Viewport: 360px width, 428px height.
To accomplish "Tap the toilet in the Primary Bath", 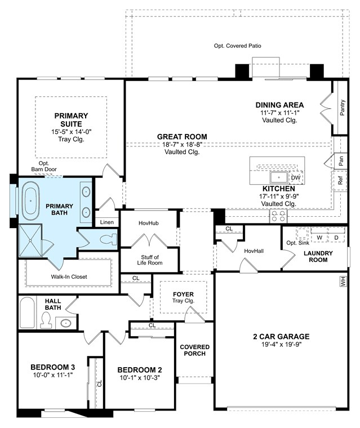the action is tap(108, 240).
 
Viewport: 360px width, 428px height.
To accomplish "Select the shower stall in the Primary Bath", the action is tap(30, 240).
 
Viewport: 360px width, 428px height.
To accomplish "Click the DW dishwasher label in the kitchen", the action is tap(296, 178).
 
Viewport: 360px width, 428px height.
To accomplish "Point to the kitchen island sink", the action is tap(279, 177).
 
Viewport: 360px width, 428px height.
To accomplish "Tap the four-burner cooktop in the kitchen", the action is tap(278, 216).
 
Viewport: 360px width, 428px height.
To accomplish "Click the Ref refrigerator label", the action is tap(340, 180).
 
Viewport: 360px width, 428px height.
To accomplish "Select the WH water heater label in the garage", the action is tap(343, 281).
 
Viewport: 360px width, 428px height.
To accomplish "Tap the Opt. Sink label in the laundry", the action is tap(297, 243).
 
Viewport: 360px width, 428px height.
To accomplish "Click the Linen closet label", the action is tap(107, 222).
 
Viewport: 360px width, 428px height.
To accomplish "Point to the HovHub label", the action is tap(148, 223).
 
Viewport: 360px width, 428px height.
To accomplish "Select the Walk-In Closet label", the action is tap(69, 277).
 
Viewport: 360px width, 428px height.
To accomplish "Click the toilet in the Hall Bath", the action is tap(46, 320).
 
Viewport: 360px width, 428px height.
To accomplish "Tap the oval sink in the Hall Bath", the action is tap(66, 323).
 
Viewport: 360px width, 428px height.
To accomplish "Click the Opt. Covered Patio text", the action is tap(237, 46).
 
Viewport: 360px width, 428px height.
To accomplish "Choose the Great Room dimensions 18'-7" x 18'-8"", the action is tap(182, 144).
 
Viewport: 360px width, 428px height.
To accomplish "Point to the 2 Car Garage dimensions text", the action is tap(281, 344).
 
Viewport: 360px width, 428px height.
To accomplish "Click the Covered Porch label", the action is tap(195, 350).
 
